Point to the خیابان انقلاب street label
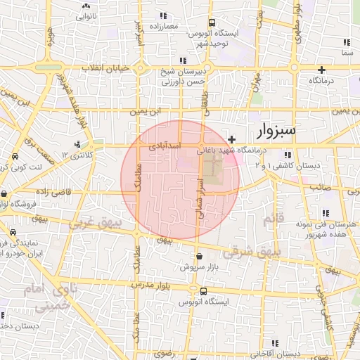(105, 67)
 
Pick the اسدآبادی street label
(166, 146)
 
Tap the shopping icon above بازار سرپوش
(200, 257)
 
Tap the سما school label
(345, 53)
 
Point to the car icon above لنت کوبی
(14, 157)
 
